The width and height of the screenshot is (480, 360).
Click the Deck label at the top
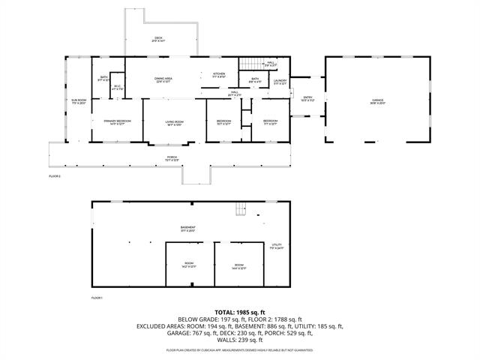[159, 39]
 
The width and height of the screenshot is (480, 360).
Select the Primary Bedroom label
[106, 121]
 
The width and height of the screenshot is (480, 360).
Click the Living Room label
[174, 122]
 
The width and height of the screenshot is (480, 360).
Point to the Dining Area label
[163, 79]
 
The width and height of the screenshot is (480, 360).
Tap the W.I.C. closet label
[117, 87]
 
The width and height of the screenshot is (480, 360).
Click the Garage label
[376, 102]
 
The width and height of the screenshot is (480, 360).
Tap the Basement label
[187, 229]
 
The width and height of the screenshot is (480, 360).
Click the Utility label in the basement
[276, 246]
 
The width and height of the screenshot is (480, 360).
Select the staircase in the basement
[240, 209]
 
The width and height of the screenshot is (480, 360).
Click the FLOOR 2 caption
[55, 175]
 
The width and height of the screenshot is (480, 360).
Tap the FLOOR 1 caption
[97, 298]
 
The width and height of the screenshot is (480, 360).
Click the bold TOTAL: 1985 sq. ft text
[239, 311]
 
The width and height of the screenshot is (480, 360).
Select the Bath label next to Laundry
[255, 80]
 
